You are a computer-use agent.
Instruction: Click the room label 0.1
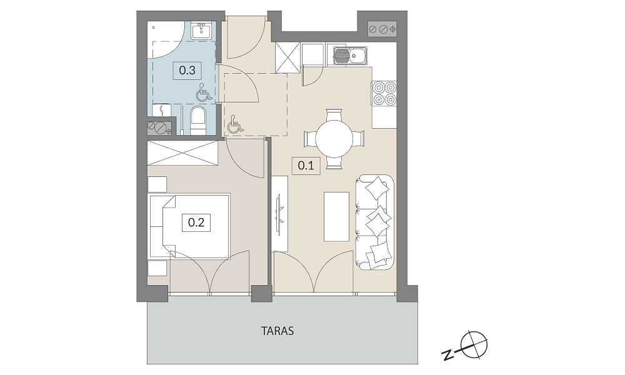[x=306, y=166]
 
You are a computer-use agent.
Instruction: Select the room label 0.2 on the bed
[x=196, y=222]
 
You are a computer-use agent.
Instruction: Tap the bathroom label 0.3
[x=187, y=71]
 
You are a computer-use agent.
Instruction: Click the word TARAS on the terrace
[x=278, y=331]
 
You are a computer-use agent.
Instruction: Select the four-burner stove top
[x=384, y=93]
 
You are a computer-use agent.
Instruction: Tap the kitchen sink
[x=350, y=56]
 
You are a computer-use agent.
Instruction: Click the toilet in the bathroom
[x=198, y=120]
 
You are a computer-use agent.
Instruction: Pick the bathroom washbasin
[x=201, y=30]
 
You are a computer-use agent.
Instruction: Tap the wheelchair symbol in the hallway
[x=235, y=124]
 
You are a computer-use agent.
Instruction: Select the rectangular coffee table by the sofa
[x=336, y=217]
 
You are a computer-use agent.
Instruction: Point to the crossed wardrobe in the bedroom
[x=183, y=152]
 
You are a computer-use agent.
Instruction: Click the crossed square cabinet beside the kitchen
[x=287, y=57]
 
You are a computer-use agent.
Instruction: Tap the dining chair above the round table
[x=334, y=115]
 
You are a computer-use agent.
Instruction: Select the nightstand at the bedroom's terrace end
[x=157, y=268]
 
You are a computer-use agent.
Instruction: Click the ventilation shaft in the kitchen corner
[x=382, y=29]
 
